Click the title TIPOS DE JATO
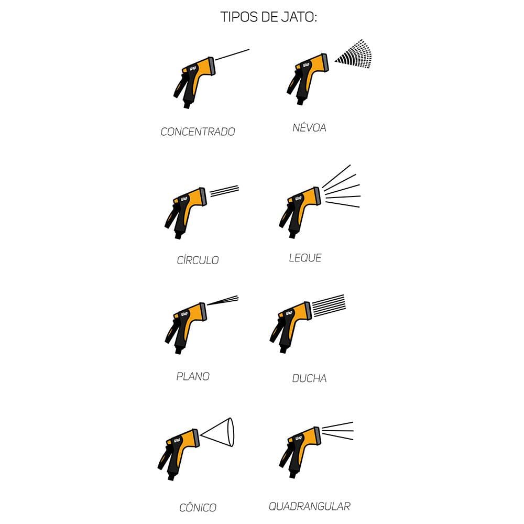[268, 17]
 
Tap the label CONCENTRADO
[198, 132]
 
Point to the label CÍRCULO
[198, 260]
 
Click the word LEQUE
[305, 258]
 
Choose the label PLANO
[193, 376]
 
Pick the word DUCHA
[309, 378]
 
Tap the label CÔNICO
[198, 507]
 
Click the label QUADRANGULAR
[310, 506]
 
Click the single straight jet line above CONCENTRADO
[232, 55]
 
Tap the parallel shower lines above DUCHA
[328, 305]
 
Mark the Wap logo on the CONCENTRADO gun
[193, 68]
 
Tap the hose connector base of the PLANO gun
[178, 351]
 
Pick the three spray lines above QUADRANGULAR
[337, 431]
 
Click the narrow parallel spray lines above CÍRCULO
[224, 191]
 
